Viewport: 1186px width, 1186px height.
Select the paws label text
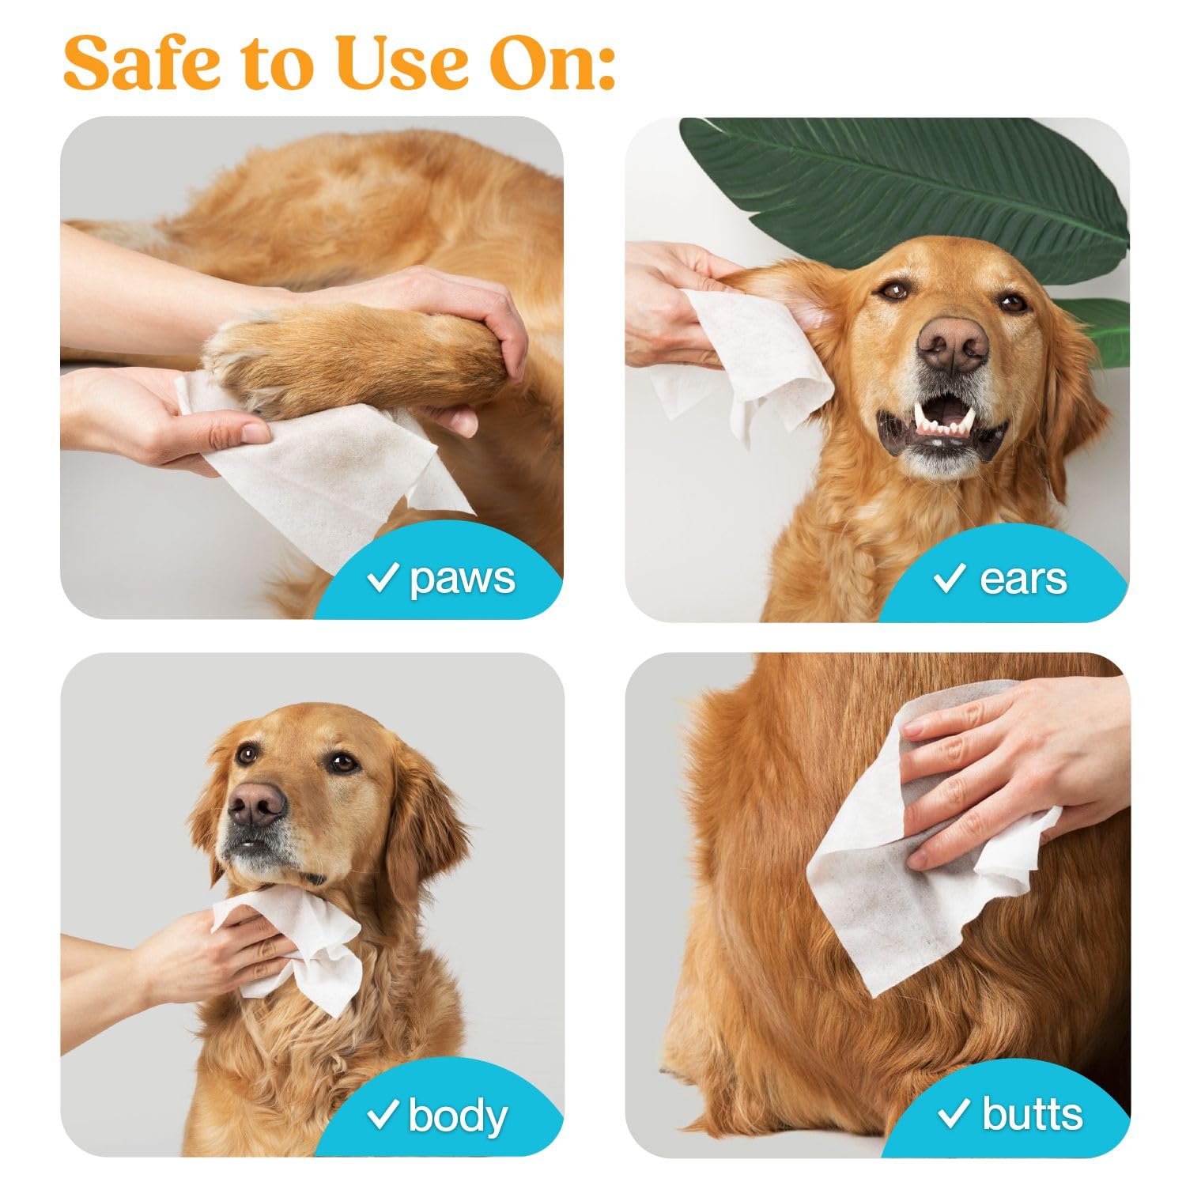462,579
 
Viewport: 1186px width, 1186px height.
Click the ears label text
1023,579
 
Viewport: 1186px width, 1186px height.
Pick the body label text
458,1116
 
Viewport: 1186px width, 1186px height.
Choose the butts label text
1032,1115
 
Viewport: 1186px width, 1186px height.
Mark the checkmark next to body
383,1116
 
